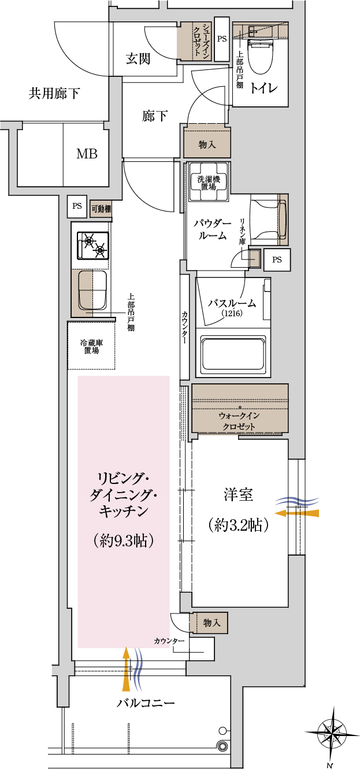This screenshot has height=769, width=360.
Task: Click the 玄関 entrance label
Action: click(138, 59)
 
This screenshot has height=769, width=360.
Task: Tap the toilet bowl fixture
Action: click(260, 55)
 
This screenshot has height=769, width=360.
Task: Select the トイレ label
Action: click(263, 88)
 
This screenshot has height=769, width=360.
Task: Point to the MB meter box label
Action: click(87, 154)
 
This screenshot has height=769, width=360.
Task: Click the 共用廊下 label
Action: click(54, 93)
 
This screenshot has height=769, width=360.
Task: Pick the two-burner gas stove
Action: click(92, 246)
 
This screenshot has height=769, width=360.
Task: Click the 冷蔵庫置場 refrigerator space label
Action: click(92, 347)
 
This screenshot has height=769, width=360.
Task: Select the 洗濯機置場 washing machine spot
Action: click(209, 182)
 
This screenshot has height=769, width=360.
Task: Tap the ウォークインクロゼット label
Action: click(239, 421)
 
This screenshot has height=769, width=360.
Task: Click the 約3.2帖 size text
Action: click(238, 525)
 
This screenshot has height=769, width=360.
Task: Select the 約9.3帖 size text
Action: click(123, 541)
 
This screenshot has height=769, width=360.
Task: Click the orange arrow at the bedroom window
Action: click(297, 513)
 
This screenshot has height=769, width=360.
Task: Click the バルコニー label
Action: click(146, 703)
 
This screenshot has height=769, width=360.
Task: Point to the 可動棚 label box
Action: click(101, 209)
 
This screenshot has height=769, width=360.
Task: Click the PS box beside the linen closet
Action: click(277, 260)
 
